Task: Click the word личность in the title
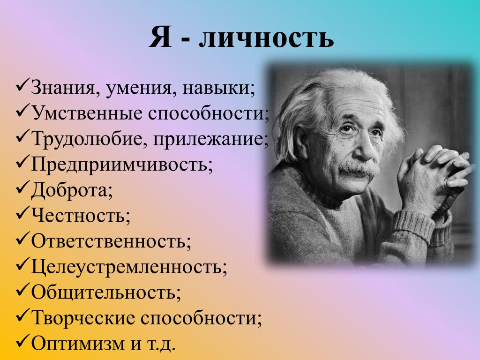(x=266, y=37)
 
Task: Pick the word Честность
(x=78, y=216)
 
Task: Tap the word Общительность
(x=104, y=292)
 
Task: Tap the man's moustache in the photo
(x=359, y=168)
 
